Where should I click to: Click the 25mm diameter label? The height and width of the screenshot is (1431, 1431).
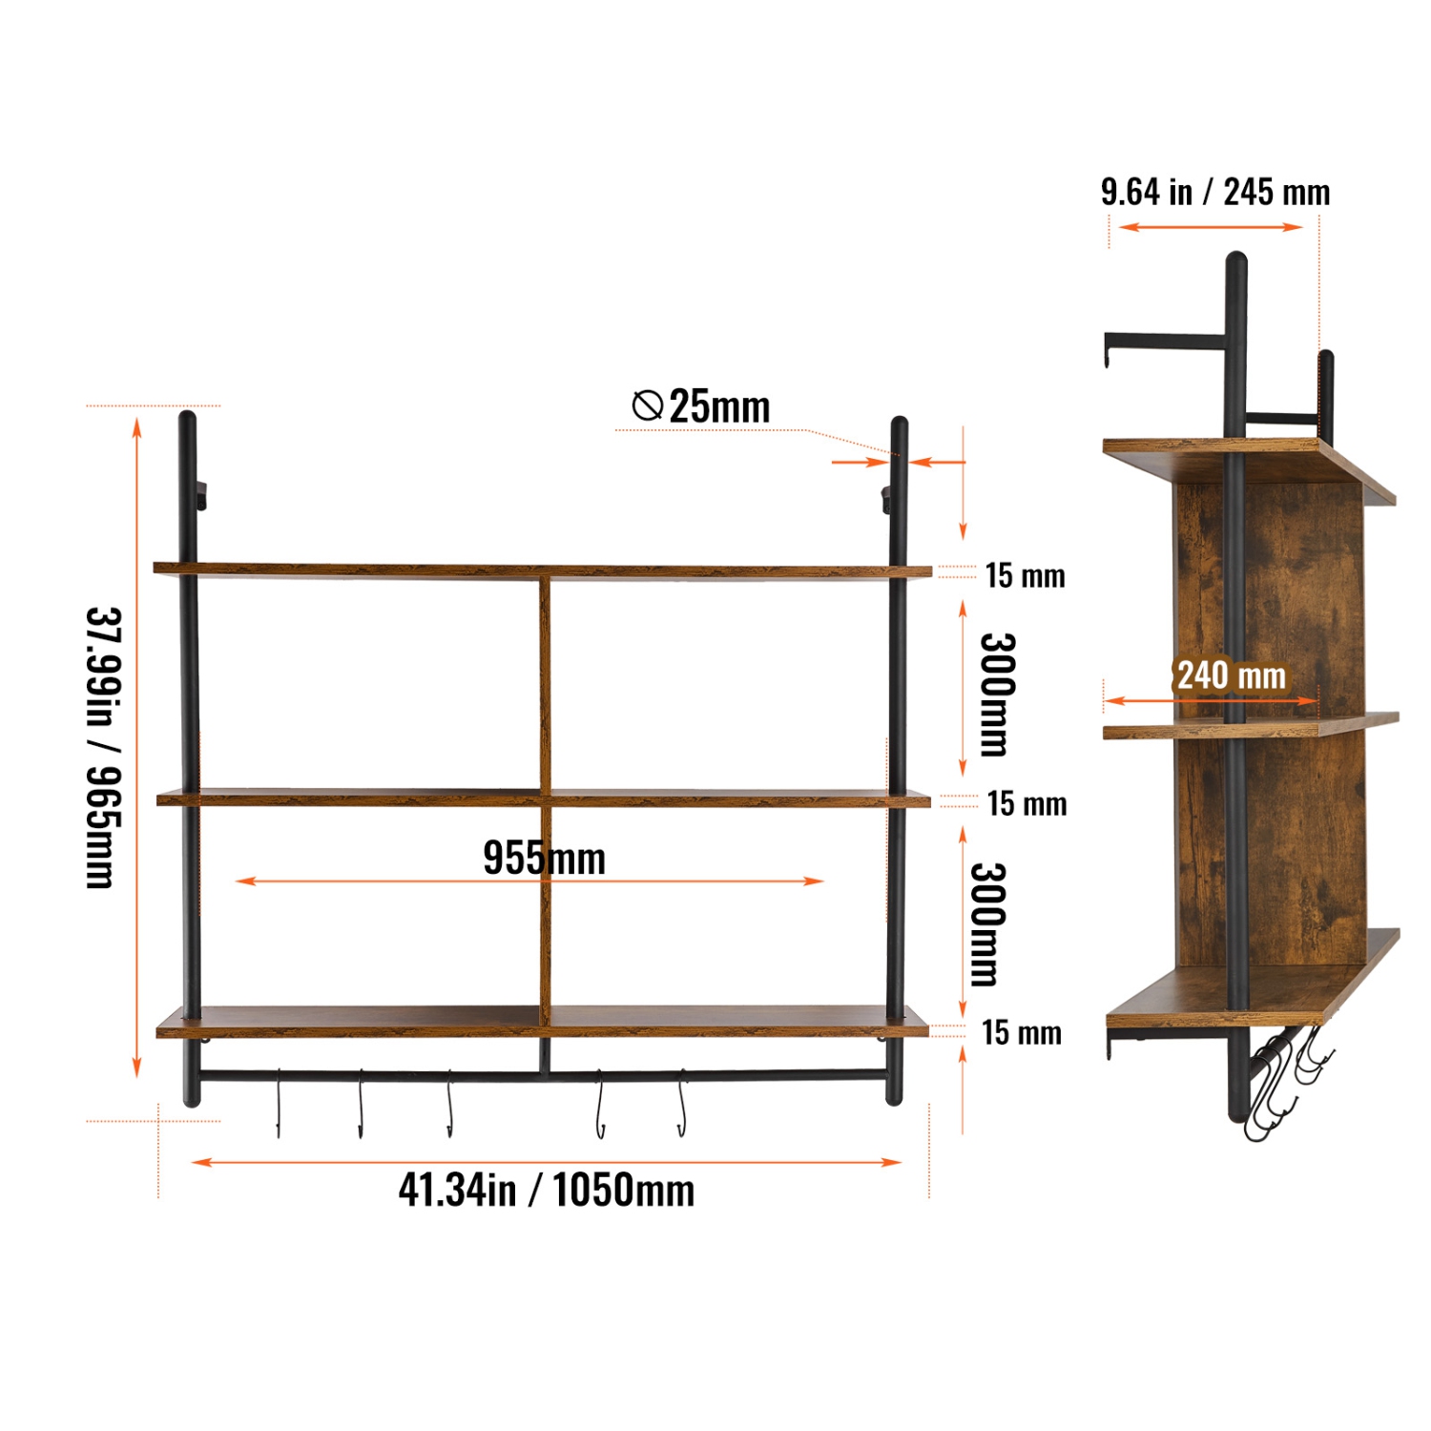[x=719, y=407]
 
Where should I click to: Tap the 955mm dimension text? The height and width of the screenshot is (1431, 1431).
[x=544, y=858]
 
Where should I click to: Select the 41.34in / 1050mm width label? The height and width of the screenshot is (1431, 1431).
[x=546, y=1190]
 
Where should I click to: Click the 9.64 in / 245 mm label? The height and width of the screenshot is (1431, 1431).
[x=1214, y=192]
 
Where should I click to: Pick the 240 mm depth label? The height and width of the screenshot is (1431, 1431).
[x=1231, y=675]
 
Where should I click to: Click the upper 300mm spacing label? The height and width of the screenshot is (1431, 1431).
[x=998, y=694]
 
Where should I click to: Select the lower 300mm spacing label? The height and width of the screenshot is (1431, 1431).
[x=987, y=923]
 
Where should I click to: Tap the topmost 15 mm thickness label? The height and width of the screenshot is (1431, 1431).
[x=1025, y=575]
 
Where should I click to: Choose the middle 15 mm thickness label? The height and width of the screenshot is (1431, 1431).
[x=1027, y=803]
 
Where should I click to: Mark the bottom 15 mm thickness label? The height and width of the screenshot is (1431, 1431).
[x=1021, y=1032]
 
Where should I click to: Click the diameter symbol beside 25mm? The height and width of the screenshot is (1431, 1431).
[x=648, y=405]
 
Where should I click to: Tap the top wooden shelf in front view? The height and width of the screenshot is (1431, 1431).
[x=542, y=571]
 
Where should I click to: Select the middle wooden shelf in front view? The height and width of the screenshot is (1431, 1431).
[x=542, y=798]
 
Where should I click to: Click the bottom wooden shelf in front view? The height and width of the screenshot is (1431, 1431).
[x=542, y=1022]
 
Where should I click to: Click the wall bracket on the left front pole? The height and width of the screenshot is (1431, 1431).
[x=201, y=495]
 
